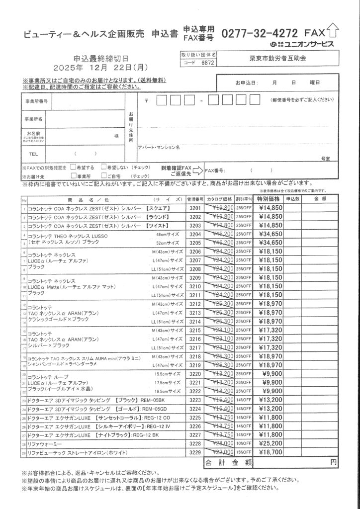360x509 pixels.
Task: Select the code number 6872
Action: tap(208, 64)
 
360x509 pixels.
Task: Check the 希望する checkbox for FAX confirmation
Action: tap(73, 168)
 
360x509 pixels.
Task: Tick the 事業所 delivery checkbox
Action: tap(73, 175)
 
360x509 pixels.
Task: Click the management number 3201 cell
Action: tap(195, 207)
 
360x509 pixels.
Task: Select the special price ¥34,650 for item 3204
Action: tap(270, 234)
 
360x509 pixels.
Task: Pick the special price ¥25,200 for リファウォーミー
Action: tap(270, 443)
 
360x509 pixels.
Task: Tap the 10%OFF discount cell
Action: tap(244, 443)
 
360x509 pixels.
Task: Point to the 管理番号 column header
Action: tap(195, 199)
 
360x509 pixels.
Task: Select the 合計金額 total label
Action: tap(228, 462)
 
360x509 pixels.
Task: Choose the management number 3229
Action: tap(195, 452)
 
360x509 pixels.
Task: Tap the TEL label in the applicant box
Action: tap(34, 154)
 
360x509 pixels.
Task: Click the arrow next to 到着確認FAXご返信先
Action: tap(197, 171)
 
